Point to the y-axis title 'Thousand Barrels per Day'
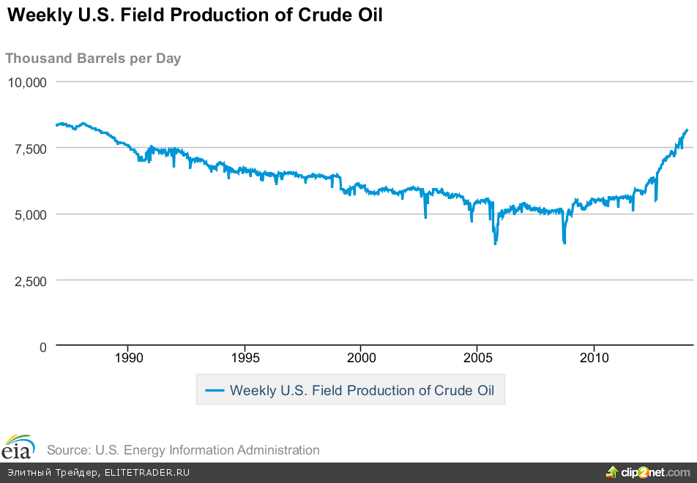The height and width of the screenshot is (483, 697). tap(93, 59)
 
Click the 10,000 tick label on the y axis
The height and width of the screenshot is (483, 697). tap(27, 82)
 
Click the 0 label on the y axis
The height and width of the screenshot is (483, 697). tap(42, 347)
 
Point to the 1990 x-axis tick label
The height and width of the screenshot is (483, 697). tap(128, 358)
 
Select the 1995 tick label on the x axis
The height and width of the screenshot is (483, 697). tap(245, 358)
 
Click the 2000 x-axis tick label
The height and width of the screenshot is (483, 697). tap(361, 358)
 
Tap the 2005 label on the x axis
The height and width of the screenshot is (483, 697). tap(477, 358)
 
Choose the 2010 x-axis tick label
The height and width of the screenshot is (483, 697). tap(594, 358)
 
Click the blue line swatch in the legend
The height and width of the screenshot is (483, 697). tap(215, 391)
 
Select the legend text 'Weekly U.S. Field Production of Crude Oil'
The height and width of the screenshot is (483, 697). tap(362, 391)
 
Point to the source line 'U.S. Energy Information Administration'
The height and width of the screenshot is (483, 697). tap(183, 450)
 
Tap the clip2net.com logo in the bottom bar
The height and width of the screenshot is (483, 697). tap(648, 471)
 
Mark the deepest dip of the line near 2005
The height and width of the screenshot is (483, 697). tap(496, 243)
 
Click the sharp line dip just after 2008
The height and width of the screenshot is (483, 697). tap(564, 242)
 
